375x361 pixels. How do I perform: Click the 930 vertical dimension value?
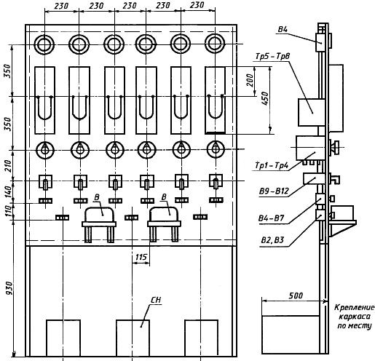9,288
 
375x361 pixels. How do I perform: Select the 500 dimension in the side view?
296,295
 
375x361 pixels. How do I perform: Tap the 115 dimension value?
141,257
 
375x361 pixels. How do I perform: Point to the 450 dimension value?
266,98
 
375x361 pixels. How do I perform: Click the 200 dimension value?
250,80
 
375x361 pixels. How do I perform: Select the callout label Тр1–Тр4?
272,166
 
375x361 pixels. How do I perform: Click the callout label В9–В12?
274,191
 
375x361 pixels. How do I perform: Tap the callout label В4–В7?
271,218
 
